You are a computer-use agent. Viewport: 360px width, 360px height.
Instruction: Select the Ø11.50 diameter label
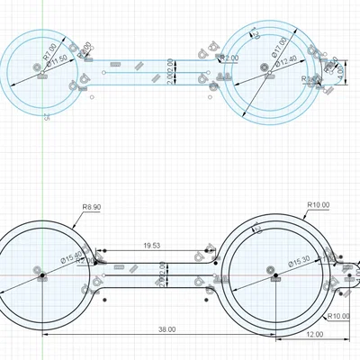[x=58, y=60]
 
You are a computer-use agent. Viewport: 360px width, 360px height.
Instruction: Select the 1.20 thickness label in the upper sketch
[x=255, y=34]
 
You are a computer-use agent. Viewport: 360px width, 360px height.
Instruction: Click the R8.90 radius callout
[x=91, y=207]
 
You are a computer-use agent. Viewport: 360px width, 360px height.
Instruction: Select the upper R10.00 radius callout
[x=319, y=204]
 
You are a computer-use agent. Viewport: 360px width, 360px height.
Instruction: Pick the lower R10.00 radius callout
[x=338, y=316]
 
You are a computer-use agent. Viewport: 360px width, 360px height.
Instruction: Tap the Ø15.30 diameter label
[x=299, y=262]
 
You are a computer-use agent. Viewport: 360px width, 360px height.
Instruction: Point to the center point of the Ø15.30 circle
[x=271, y=269]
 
